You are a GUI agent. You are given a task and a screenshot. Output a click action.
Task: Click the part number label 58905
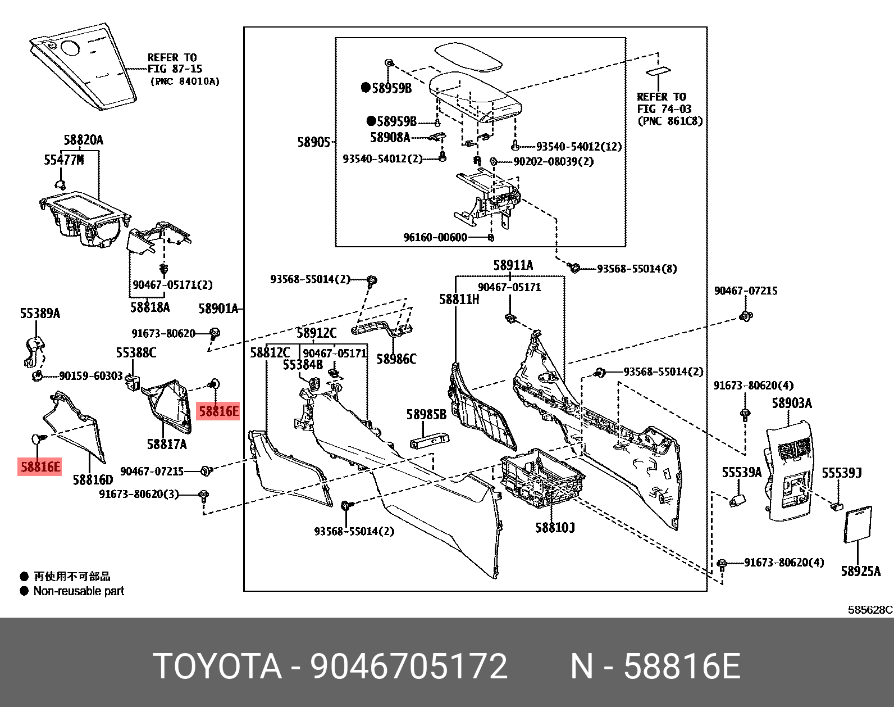[313, 142]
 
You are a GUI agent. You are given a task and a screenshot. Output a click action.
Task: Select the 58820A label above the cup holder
[83, 140]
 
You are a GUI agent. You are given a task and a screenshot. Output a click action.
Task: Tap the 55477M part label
[63, 160]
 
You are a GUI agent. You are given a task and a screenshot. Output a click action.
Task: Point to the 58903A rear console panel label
[791, 403]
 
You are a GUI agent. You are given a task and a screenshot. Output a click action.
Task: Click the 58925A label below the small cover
[860, 571]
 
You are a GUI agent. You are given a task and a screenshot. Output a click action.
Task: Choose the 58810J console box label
[555, 527]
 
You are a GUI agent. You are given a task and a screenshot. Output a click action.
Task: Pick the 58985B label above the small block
[426, 415]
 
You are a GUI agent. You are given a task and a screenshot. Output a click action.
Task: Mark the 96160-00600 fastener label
[435, 237]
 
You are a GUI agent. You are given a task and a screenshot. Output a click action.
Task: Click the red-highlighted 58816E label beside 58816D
[40, 466]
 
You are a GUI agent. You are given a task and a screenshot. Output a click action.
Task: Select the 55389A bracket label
[40, 313]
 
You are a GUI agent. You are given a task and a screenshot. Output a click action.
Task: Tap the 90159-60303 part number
[90, 375]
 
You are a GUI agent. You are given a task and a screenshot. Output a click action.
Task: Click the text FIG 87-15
[175, 69]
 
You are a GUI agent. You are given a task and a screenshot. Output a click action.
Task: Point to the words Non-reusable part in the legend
[79, 591]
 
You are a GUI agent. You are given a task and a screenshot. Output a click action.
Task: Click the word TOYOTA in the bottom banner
[217, 667]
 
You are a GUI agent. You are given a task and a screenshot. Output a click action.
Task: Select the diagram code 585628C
[870, 610]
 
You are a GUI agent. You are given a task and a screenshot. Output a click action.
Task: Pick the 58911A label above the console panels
[513, 265]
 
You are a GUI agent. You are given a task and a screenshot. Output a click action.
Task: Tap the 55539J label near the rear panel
[841, 473]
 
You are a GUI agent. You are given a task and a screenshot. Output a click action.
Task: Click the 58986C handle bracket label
[396, 359]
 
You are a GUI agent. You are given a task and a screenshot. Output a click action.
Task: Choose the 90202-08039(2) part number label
[553, 161]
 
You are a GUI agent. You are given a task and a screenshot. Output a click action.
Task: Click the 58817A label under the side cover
[167, 444]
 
